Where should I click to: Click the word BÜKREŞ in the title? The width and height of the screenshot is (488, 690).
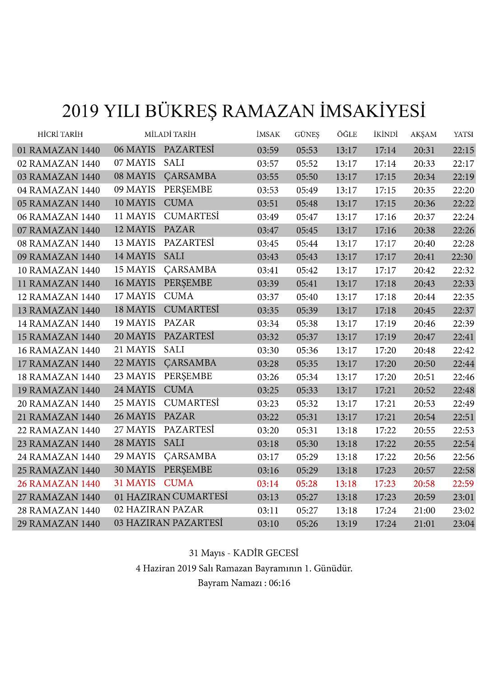coord(179,111)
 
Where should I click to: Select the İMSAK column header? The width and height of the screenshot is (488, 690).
coord(268,135)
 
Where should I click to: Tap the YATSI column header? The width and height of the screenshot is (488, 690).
coord(463,135)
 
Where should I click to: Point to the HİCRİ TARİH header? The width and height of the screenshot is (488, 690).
coord(60,135)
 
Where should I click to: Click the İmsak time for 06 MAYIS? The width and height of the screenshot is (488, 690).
coord(268,150)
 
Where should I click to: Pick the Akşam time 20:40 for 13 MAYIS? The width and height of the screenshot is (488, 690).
coord(424,244)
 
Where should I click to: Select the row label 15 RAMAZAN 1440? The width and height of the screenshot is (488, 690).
coord(58,337)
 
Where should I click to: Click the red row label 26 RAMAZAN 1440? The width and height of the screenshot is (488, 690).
coord(58,484)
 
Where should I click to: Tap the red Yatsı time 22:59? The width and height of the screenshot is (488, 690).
coord(463,484)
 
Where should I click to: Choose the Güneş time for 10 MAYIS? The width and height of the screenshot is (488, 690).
coord(307,204)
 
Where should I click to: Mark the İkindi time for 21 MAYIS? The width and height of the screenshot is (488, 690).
coord(385,351)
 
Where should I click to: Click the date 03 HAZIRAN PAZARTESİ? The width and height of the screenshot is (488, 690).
coord(168,523)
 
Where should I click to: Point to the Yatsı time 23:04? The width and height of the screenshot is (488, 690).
coord(463,524)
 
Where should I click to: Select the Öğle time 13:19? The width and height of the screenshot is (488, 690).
coord(346,524)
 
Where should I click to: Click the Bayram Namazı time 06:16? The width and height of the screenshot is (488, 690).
coord(279,583)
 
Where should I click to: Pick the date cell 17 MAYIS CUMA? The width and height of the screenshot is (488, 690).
coord(154,296)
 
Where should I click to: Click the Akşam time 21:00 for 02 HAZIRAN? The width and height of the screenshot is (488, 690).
coord(424,511)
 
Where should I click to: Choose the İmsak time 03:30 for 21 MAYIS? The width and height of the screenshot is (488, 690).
coord(268,351)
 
